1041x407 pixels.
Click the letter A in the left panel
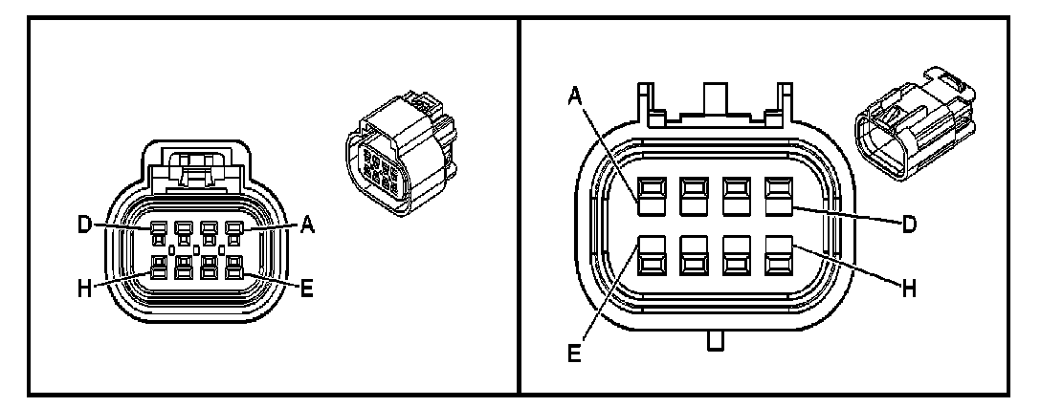307,226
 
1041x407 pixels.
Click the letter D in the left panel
85,226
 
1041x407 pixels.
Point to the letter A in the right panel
575,95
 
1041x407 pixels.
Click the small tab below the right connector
714,341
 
